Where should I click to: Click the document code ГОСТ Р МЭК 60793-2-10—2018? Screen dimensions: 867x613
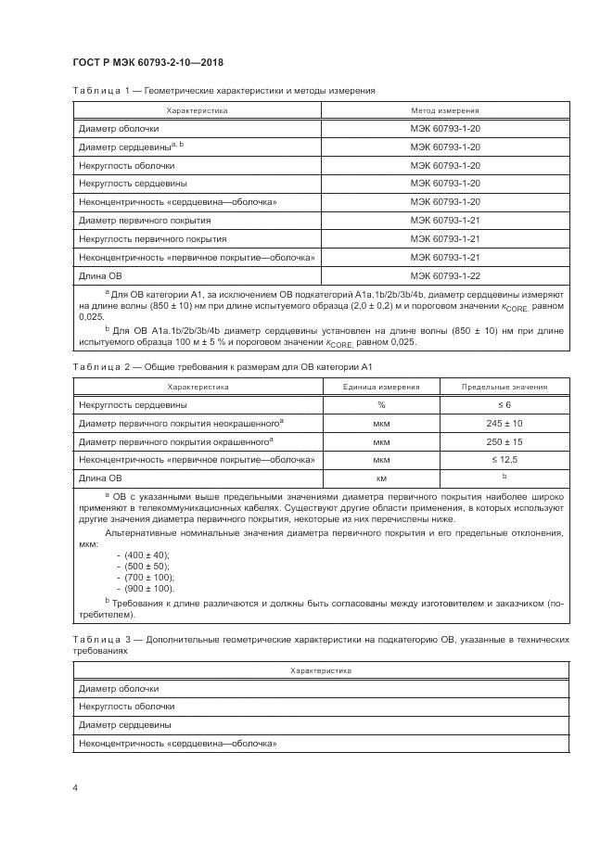(147, 62)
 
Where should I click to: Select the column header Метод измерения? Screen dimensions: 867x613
(444, 110)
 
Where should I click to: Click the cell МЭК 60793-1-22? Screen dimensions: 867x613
(444, 275)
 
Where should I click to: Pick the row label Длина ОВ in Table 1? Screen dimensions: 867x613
(100, 275)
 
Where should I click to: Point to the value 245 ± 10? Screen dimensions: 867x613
(504, 422)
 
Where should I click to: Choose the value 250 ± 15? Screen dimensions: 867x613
(504, 440)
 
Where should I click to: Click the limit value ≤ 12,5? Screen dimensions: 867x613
(504, 459)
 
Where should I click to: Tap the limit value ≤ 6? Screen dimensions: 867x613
(504, 404)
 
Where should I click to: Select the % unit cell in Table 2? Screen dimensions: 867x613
(380, 404)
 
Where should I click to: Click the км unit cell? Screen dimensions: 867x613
(380, 478)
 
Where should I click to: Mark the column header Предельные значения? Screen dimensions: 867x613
(504, 387)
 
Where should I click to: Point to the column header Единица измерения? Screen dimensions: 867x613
(380, 387)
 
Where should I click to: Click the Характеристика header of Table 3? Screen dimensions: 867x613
(320, 670)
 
